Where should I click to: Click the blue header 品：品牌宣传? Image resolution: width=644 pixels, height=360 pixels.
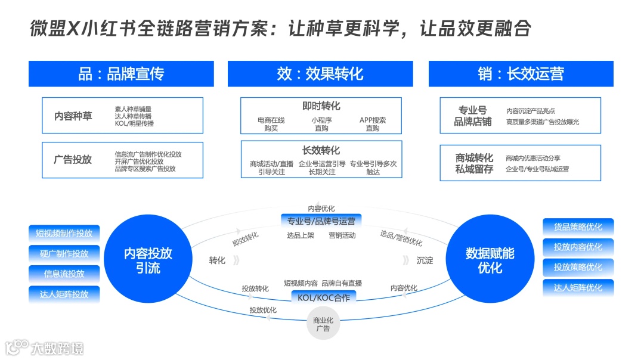coord(121,74)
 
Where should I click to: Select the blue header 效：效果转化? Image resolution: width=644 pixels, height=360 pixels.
coord(320,74)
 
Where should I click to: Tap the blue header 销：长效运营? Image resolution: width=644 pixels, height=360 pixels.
coord(521,74)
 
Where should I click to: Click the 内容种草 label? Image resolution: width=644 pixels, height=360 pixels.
coord(73,116)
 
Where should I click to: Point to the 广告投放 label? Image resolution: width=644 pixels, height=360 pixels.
coord(73,160)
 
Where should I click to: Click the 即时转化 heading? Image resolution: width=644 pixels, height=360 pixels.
coord(321,106)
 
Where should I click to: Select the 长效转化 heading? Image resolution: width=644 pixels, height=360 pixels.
coord(321,150)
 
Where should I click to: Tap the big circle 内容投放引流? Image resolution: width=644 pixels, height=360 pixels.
coord(148,260)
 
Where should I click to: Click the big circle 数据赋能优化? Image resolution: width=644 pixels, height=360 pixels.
coord(490,260)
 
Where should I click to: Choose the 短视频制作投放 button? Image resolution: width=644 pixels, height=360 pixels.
coord(64,233)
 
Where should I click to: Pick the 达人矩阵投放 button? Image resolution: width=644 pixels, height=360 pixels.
coord(64,294)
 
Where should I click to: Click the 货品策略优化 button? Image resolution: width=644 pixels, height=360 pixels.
coord(578,227)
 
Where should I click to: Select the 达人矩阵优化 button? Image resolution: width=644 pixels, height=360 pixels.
coord(578,288)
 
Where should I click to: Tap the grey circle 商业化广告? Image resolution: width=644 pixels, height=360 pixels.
coord(323,324)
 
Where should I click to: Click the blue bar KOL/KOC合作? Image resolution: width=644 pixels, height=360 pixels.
coord(323,297)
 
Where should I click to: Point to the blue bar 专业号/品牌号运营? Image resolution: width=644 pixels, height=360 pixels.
coord(321,221)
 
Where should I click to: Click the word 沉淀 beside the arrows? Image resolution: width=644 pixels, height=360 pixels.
coord(425,260)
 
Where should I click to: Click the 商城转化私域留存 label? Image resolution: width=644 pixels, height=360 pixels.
coord(474,163)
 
